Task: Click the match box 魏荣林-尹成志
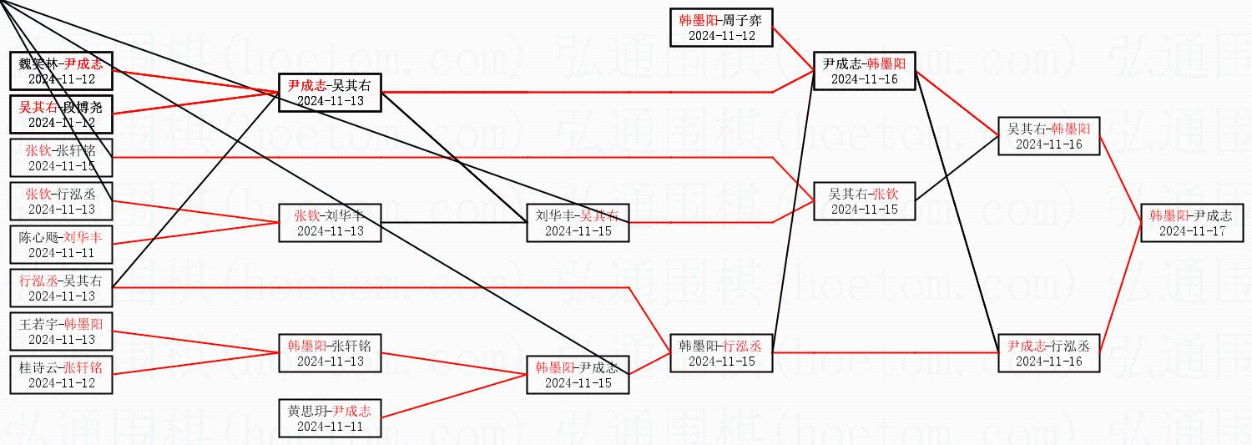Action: pos(61,71)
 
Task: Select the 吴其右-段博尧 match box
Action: pos(61,114)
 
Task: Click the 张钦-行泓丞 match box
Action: pos(61,201)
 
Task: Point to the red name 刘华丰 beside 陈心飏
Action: pos(81,237)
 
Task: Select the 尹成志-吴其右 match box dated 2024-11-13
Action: pos(330,93)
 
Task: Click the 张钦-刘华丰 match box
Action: pos(330,223)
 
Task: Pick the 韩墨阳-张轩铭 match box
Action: pos(330,353)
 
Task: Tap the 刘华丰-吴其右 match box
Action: pos(578,223)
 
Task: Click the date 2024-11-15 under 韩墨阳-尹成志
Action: pos(578,383)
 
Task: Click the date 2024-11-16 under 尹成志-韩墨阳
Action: pos(864,79)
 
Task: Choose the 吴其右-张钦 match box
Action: pos(864,201)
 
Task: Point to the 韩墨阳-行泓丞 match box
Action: pos(721,353)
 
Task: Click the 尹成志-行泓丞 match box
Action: pos(1048,353)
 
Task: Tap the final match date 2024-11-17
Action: pos(1192,230)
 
